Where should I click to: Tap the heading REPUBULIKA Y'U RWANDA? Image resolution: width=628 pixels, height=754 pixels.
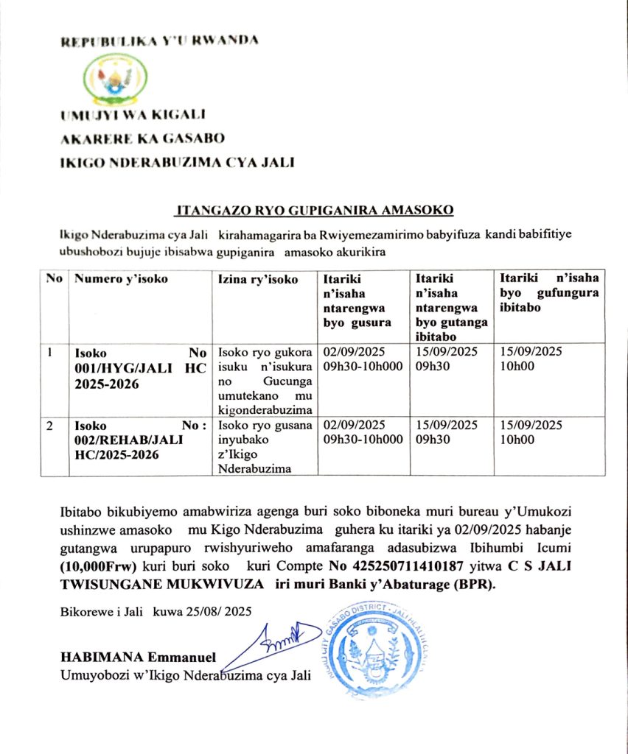(159, 40)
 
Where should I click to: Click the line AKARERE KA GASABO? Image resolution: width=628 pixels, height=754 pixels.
(142, 138)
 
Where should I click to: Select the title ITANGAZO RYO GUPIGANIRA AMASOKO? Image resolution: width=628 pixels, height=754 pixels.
(314, 211)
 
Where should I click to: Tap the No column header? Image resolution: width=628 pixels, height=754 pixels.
(53, 279)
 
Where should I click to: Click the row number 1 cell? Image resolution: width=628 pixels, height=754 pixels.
(50, 353)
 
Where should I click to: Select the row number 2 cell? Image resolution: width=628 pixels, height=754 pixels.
(50, 426)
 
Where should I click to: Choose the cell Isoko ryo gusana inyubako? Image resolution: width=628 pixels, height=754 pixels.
(265, 447)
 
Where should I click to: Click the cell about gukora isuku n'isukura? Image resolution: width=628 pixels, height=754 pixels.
(265, 378)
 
